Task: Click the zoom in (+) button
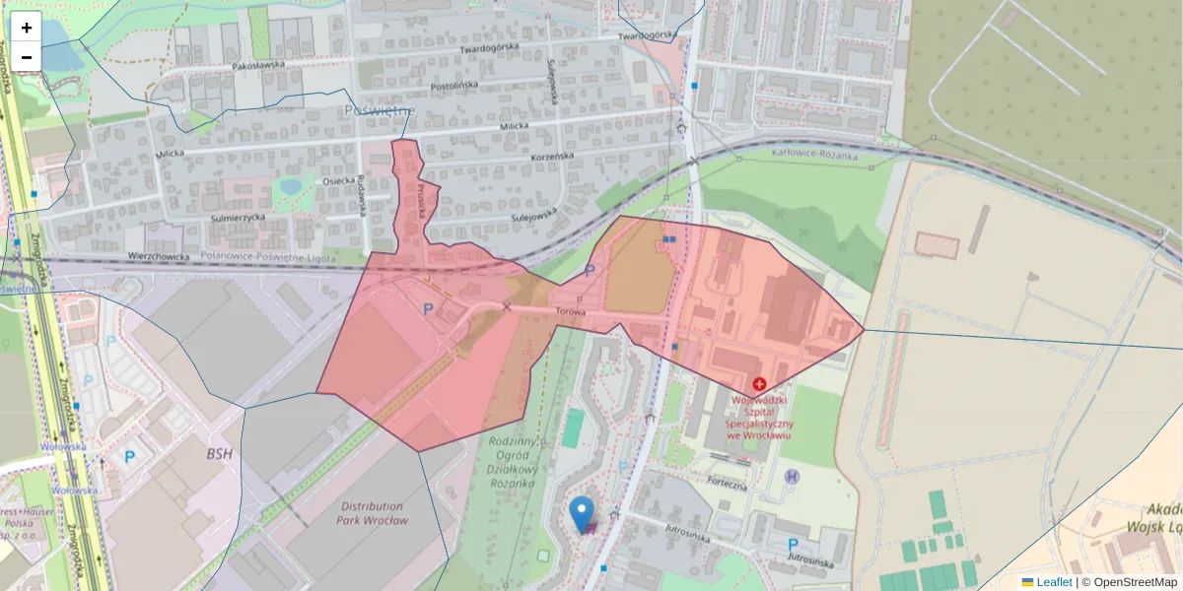point(27,28)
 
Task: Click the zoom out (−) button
point(27,57)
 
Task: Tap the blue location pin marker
point(583,513)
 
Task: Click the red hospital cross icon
point(759,383)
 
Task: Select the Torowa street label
point(571,312)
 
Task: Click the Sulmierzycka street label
point(239,217)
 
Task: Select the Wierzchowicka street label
point(158,256)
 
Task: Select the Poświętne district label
point(378,111)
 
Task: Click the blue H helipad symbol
point(791,477)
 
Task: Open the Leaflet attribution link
point(1052,582)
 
